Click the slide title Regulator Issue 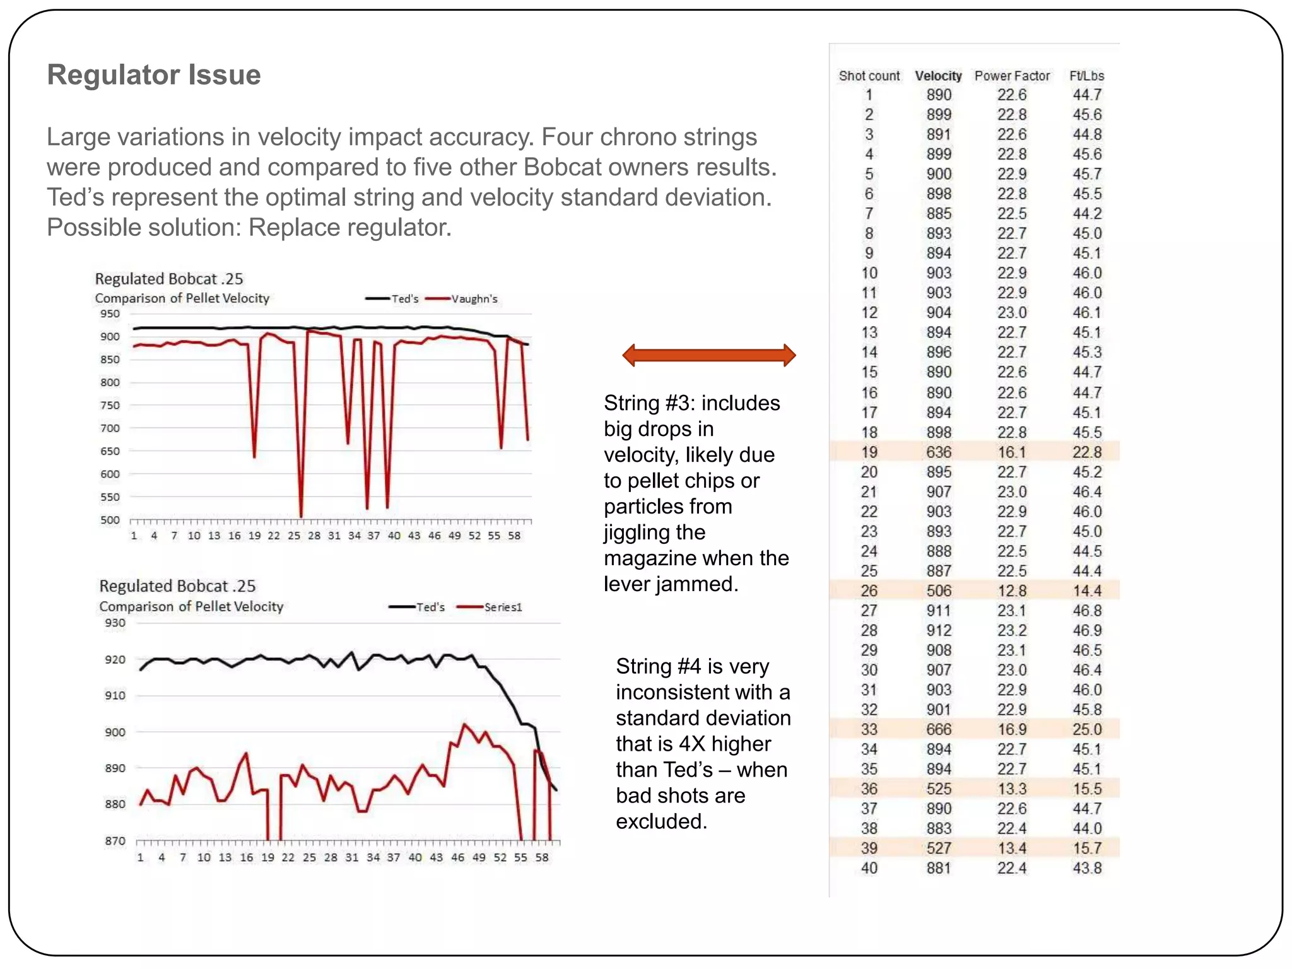[x=154, y=74]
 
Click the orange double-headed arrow [x=708, y=355]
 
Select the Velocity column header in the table [x=938, y=76]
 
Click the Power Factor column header [x=1012, y=76]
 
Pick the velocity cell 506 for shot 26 [x=939, y=590]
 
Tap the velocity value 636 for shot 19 [x=939, y=452]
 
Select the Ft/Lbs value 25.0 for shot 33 [x=1086, y=729]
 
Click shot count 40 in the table [x=869, y=868]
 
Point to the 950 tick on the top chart [x=110, y=314]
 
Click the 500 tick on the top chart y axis [x=110, y=520]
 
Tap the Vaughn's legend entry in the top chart [x=474, y=299]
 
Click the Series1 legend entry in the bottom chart [x=502, y=607]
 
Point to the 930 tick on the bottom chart [x=115, y=623]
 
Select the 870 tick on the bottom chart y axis [x=115, y=840]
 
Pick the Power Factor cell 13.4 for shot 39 [x=1012, y=848]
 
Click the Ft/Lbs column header [x=1086, y=76]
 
